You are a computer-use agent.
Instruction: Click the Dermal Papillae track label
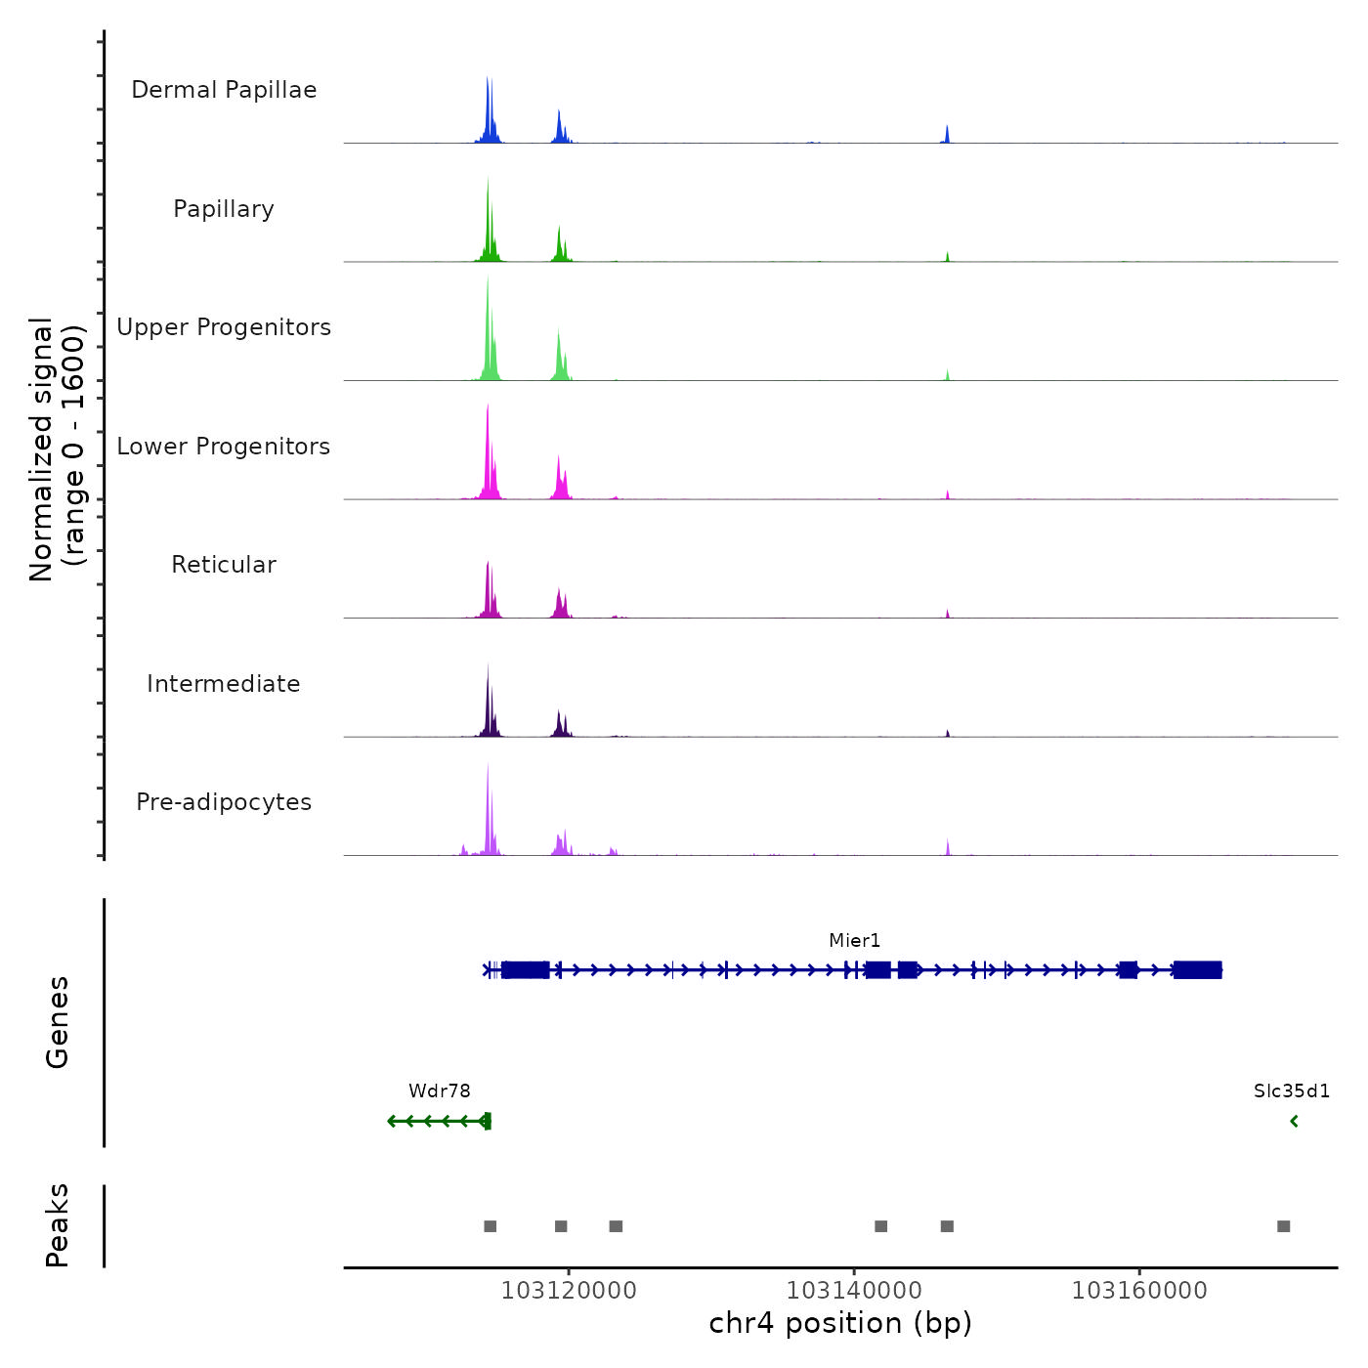224,90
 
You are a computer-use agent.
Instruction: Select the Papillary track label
224,209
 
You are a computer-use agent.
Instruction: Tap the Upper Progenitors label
224,327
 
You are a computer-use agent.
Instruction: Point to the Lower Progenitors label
224,447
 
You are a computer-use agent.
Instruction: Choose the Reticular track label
224,565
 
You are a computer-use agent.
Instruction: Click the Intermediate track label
224,684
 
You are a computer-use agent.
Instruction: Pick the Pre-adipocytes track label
224,802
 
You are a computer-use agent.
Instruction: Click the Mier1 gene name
855,941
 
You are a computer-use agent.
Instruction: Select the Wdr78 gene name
440,1091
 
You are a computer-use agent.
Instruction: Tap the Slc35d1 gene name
1292,1091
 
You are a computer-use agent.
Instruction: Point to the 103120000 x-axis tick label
569,1291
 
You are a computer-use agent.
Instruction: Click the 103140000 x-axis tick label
854,1291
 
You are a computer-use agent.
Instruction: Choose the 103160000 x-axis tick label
1139,1291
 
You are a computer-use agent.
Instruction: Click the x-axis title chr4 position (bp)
840,1323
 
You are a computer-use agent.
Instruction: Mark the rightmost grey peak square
1284,1226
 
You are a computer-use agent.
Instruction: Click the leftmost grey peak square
491,1226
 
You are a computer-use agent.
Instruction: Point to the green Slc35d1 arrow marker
1295,1122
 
